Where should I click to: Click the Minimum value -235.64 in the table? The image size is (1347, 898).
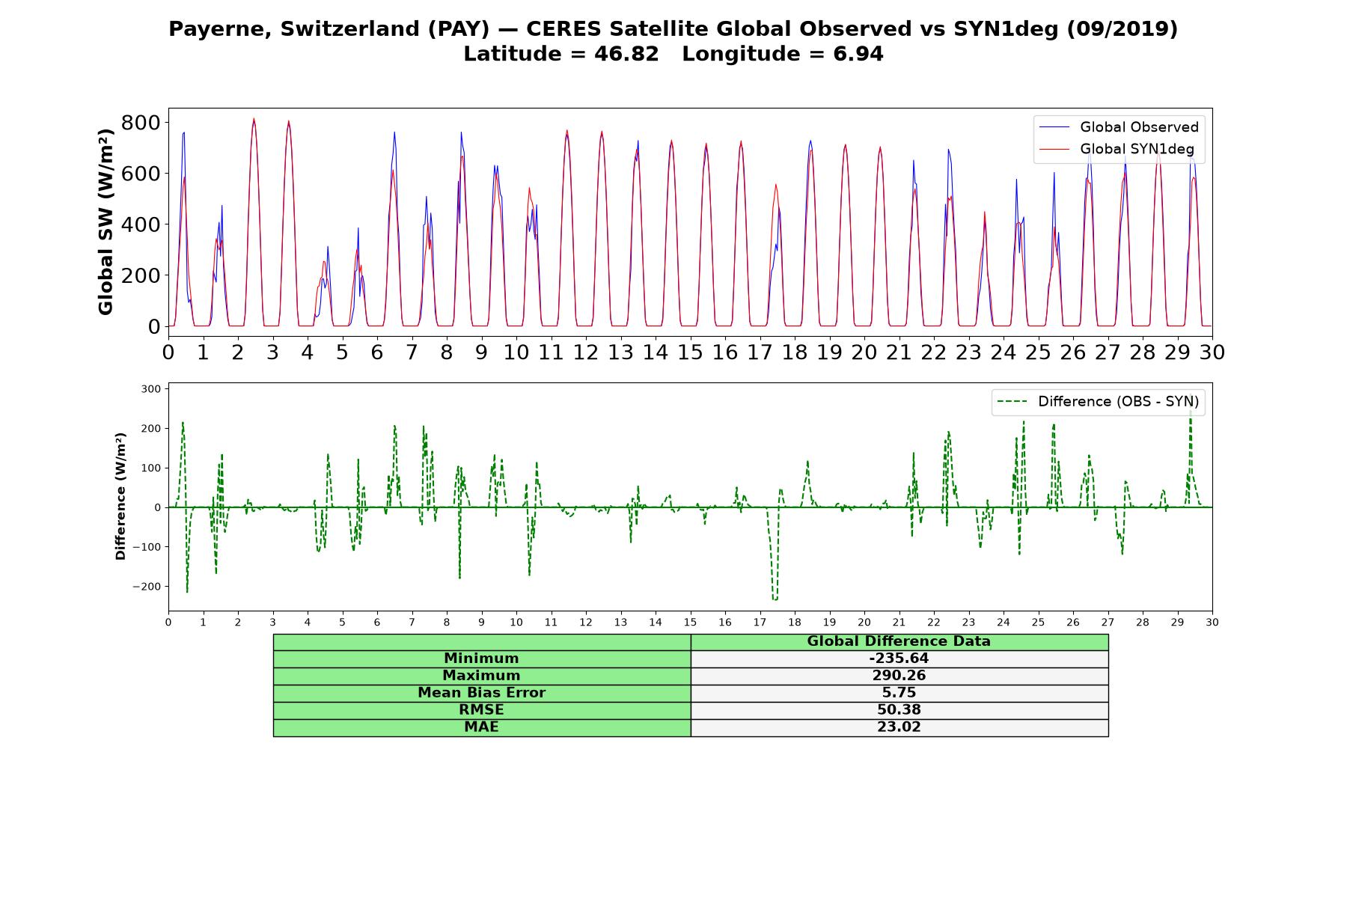point(899,659)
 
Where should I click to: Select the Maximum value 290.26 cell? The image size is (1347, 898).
point(899,676)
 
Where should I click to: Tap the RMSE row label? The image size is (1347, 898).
point(482,710)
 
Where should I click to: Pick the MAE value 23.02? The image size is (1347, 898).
point(899,727)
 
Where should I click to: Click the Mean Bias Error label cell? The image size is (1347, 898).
point(482,693)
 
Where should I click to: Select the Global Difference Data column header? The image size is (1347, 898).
point(899,641)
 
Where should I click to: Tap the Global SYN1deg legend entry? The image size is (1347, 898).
point(1118,149)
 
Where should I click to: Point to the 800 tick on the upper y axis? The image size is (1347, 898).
point(141,122)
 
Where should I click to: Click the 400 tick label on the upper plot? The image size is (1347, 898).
point(141,224)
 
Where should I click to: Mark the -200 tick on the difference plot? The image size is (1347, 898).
point(147,587)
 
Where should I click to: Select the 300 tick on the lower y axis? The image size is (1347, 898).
point(151,389)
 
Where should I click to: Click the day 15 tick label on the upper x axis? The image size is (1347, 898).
point(691,352)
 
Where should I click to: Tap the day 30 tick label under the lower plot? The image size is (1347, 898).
point(1212,623)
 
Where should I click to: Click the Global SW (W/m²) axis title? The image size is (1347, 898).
point(106,222)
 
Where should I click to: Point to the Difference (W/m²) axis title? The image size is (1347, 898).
point(120,496)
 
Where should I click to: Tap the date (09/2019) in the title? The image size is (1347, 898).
point(1122,29)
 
